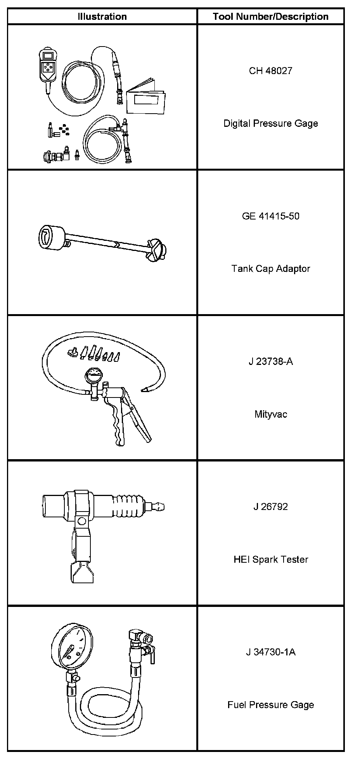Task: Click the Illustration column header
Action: (x=102, y=17)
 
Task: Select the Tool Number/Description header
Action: (x=270, y=17)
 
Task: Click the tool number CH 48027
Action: (x=270, y=71)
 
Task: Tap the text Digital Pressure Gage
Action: (x=270, y=123)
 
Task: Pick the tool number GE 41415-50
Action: (x=270, y=216)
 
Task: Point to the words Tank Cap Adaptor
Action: (x=270, y=268)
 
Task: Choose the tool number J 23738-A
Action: (x=270, y=362)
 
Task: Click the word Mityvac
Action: (x=270, y=414)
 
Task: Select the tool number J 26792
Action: (x=270, y=507)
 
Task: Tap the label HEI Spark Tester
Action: (x=270, y=560)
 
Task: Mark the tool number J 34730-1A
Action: (x=270, y=652)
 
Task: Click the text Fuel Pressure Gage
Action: (x=270, y=705)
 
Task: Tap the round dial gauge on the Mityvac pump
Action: (x=93, y=377)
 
